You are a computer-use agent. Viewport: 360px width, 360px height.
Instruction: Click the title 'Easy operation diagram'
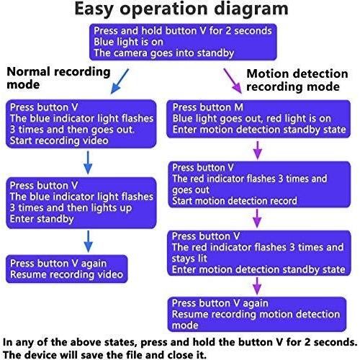pyautogui.click(x=181, y=9)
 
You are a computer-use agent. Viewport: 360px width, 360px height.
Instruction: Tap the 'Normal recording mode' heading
pyautogui.click(x=58, y=78)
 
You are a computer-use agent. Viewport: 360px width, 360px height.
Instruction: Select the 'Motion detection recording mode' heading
pyautogui.click(x=297, y=80)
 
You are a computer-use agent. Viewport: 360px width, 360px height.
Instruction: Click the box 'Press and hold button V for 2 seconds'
pyautogui.click(x=183, y=42)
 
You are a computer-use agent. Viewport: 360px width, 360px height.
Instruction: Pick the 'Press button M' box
pyautogui.click(x=258, y=119)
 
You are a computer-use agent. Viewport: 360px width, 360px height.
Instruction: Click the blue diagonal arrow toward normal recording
pyautogui.click(x=120, y=81)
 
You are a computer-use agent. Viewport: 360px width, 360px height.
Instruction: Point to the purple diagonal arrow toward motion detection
pyautogui.click(x=233, y=81)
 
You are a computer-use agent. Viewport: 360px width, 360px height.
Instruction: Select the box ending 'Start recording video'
pyautogui.click(x=81, y=124)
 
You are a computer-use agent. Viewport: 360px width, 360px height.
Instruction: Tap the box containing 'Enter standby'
pyautogui.click(x=81, y=203)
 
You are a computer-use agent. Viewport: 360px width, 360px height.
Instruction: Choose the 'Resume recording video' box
pyautogui.click(x=67, y=269)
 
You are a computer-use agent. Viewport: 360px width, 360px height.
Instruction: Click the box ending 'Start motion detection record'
pyautogui.click(x=259, y=184)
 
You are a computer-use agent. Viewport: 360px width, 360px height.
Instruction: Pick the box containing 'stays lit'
pyautogui.click(x=259, y=253)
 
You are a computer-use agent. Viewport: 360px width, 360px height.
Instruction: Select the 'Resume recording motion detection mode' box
pyautogui.click(x=257, y=315)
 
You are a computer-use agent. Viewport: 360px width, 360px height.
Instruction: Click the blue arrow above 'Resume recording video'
pyautogui.click(x=89, y=241)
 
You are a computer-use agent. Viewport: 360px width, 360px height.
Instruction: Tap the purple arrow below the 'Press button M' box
pyautogui.click(x=258, y=150)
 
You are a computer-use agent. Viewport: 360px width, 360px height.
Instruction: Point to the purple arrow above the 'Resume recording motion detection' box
pyautogui.click(x=257, y=286)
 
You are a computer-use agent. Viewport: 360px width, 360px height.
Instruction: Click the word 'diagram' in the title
pyautogui.click(x=251, y=9)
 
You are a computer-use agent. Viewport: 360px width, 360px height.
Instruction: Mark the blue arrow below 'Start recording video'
pyautogui.click(x=88, y=163)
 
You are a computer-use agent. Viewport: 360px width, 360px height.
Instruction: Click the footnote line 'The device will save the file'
pyautogui.click(x=104, y=354)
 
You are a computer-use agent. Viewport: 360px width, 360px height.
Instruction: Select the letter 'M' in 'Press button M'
pyautogui.click(x=238, y=107)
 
